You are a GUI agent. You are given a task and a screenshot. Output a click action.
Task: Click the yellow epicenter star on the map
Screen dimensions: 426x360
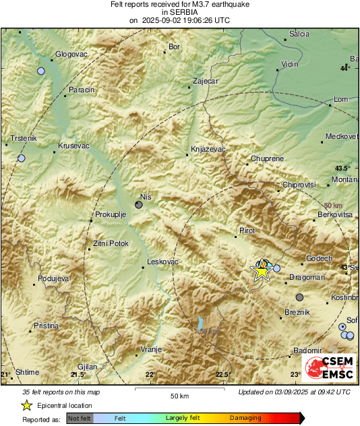(262, 270)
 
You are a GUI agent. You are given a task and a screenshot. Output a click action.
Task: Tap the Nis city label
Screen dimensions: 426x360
(145, 196)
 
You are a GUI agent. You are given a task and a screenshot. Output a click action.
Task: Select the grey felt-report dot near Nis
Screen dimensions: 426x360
(139, 204)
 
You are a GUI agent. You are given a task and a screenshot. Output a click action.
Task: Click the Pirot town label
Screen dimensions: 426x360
(247, 231)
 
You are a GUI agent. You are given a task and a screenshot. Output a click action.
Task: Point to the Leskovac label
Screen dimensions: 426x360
(162, 262)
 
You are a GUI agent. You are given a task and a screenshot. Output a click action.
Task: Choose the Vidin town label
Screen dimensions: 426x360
(289, 63)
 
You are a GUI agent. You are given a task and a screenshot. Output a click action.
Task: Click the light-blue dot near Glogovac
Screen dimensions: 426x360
(41, 71)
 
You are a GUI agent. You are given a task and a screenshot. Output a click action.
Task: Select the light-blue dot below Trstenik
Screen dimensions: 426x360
(22, 158)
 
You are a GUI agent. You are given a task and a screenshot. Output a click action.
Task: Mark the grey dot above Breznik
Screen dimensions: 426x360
(299, 297)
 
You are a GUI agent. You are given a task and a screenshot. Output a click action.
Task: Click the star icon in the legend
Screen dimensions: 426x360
(26, 406)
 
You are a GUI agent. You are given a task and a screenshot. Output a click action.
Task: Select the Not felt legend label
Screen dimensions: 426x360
(80, 419)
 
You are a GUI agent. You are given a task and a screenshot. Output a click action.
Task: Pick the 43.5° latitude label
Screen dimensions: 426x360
(343, 168)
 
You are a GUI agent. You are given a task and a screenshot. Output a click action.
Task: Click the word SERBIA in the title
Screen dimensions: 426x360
(179, 12)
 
